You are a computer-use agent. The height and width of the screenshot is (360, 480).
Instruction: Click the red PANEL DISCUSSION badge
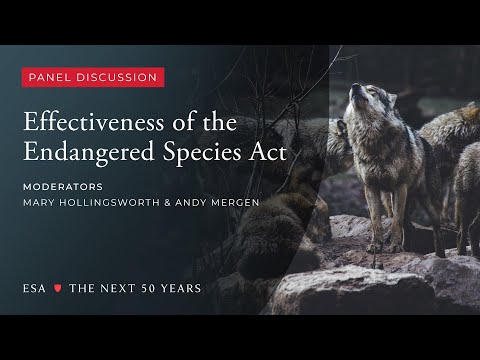click(x=93, y=77)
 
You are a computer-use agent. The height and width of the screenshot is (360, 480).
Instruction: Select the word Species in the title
click(x=184, y=156)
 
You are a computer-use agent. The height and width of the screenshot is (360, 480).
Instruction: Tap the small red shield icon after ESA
click(x=57, y=288)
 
